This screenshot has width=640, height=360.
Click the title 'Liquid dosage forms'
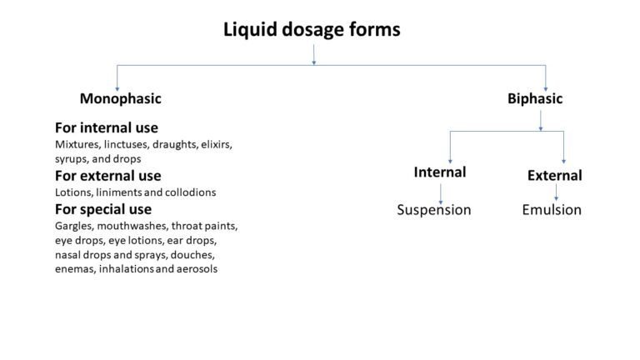pyautogui.click(x=312, y=30)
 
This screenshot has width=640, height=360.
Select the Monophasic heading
pyautogui.click(x=120, y=98)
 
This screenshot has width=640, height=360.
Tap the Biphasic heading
pyautogui.click(x=535, y=98)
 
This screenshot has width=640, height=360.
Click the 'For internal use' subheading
pyautogui.click(x=106, y=127)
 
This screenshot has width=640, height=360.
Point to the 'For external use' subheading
pyautogui.click(x=107, y=176)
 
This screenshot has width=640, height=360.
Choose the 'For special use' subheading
pyautogui.click(x=103, y=208)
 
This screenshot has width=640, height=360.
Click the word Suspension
pyautogui.click(x=433, y=209)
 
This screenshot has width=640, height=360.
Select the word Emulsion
pyautogui.click(x=552, y=209)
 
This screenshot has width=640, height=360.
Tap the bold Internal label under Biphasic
pyautogui.click(x=439, y=172)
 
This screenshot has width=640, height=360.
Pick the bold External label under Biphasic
pyautogui.click(x=554, y=175)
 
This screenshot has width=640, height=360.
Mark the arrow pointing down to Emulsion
pyautogui.click(x=556, y=192)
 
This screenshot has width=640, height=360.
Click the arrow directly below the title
pyautogui.click(x=314, y=54)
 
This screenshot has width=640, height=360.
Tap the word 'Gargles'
pyautogui.click(x=75, y=225)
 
